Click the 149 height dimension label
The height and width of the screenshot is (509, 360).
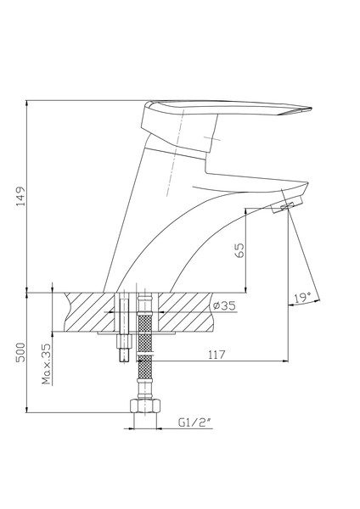20,196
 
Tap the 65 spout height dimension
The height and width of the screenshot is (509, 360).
239,250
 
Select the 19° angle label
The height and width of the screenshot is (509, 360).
302,298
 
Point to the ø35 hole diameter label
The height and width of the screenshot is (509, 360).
224,305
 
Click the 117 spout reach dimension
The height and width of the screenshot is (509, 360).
217,355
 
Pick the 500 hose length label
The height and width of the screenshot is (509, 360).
20,353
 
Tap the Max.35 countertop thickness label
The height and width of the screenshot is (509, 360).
47,364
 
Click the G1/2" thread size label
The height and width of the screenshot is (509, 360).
194,422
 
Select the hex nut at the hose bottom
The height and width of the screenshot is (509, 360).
145,406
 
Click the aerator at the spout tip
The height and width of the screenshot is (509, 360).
287,206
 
